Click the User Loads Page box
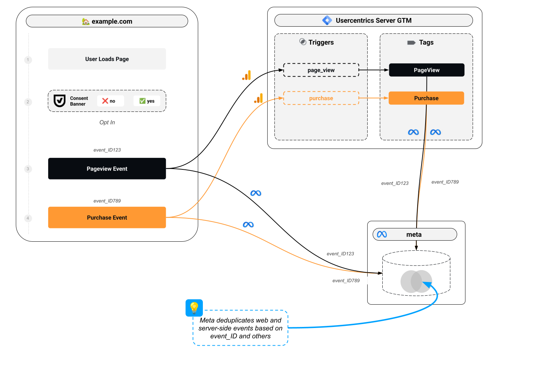click(x=107, y=59)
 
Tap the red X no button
click(x=110, y=101)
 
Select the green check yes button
click(x=147, y=101)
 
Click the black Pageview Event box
click(x=107, y=169)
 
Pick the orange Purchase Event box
click(x=107, y=218)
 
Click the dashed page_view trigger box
click(x=321, y=70)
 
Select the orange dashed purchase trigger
click(x=321, y=98)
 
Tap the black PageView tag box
click(x=426, y=70)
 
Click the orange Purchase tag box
click(x=426, y=98)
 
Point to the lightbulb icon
click(x=194, y=308)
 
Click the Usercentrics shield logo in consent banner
click(x=59, y=101)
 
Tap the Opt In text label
click(x=107, y=122)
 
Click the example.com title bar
click(x=107, y=21)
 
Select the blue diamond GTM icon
click(x=327, y=21)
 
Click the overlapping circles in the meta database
click(x=416, y=281)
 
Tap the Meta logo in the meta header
click(x=382, y=235)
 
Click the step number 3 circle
click(x=28, y=169)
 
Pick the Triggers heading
click(x=321, y=42)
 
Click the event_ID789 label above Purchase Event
click(x=107, y=201)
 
